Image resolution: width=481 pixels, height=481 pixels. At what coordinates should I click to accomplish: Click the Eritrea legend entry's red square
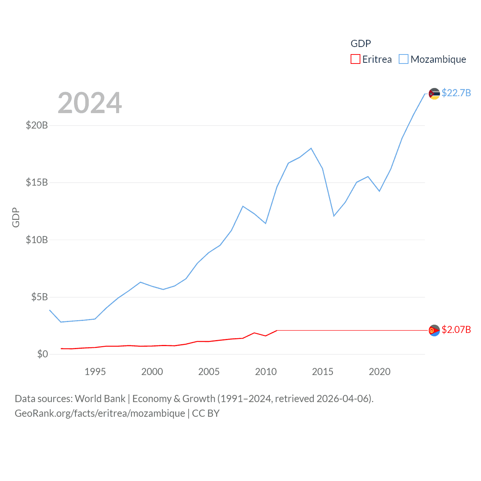(x=355, y=59)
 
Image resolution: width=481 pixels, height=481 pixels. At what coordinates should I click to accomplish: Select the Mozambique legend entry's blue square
(x=403, y=59)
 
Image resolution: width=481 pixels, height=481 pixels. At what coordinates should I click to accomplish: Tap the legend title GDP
(x=360, y=44)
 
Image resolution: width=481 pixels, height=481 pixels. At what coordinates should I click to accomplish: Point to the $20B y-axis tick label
(x=37, y=125)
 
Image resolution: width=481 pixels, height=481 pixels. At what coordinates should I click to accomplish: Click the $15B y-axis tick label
(x=37, y=182)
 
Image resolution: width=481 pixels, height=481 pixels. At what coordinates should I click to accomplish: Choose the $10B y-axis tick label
(x=37, y=240)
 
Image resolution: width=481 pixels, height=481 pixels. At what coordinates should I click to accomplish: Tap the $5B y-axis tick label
(x=39, y=297)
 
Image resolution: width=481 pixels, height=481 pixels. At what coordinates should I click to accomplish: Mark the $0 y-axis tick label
(x=42, y=354)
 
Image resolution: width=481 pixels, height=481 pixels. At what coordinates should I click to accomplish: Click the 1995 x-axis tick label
(x=95, y=372)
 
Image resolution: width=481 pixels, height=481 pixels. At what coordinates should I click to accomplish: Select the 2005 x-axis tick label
(x=209, y=372)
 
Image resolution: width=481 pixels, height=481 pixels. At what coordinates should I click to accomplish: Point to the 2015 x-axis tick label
(x=322, y=372)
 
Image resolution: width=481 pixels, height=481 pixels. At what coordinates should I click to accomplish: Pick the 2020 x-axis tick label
(x=380, y=372)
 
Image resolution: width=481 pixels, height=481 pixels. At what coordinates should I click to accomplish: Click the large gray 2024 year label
(x=90, y=103)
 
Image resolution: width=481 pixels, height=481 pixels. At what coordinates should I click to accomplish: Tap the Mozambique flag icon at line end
(x=434, y=94)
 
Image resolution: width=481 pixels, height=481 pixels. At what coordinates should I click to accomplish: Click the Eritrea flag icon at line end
(x=434, y=330)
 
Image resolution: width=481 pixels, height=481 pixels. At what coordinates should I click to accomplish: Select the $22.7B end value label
(x=456, y=93)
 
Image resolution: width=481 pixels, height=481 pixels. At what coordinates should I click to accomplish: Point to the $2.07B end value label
(x=456, y=330)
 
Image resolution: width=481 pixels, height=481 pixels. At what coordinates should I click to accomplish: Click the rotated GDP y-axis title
(x=16, y=217)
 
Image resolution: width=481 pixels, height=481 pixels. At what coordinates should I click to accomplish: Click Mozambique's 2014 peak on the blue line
(x=311, y=148)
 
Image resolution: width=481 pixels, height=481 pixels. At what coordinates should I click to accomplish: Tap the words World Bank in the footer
(x=100, y=398)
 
